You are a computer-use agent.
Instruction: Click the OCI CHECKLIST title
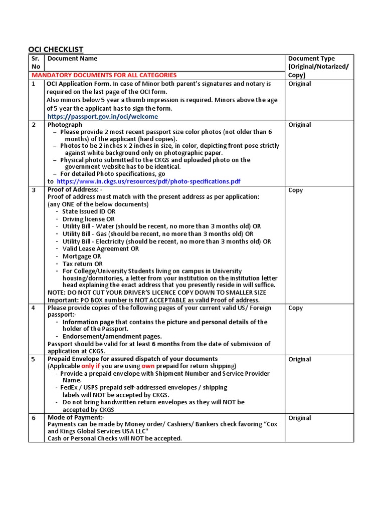[55, 49]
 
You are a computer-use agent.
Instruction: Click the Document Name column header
[72, 59]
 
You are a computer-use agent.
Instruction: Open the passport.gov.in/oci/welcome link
[102, 116]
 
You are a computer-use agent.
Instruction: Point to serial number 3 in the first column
[34, 190]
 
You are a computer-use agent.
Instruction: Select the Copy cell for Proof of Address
[296, 190]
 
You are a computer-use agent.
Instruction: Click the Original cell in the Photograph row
[299, 125]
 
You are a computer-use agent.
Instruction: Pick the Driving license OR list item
[88, 219]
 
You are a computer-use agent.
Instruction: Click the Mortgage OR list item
[82, 256]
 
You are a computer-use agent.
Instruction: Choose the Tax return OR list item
[82, 264]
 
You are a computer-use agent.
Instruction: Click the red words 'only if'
[91, 366]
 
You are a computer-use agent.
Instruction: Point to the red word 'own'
[147, 366]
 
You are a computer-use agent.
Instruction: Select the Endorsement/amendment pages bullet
[112, 336]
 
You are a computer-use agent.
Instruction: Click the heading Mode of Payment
[76, 417]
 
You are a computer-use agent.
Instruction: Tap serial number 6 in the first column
[34, 418]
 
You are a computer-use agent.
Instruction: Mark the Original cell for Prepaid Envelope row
[299, 359]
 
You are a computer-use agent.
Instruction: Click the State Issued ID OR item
[89, 211]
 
